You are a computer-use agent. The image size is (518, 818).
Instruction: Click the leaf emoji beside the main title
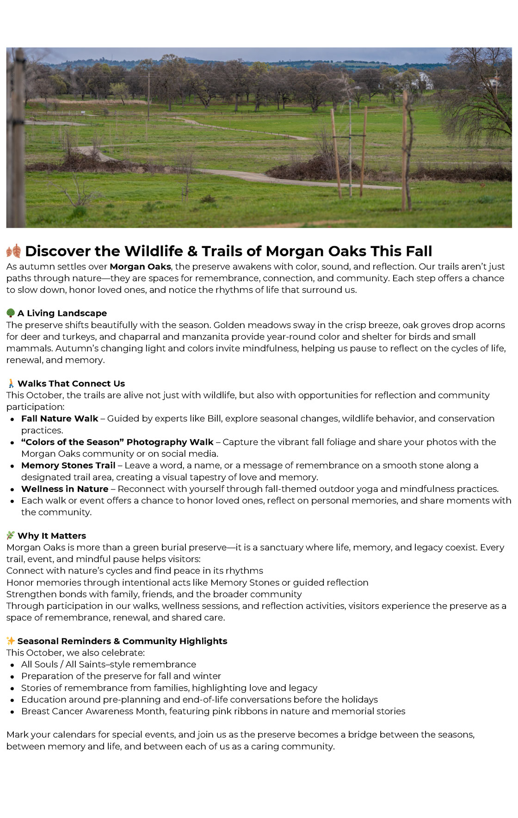(x=13, y=251)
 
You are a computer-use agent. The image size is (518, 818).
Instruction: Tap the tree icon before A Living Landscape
(x=11, y=313)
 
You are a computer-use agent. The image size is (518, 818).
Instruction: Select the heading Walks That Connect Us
(x=71, y=384)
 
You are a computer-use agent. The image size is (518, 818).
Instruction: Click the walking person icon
(x=11, y=384)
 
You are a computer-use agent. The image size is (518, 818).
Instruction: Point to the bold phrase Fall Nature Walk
(x=60, y=419)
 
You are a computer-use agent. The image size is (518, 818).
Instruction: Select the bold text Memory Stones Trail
(x=68, y=465)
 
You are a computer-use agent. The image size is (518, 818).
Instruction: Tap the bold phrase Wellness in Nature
(x=65, y=489)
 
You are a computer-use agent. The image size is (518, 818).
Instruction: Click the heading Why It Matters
(x=52, y=536)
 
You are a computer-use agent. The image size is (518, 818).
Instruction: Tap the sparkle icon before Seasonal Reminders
(x=11, y=641)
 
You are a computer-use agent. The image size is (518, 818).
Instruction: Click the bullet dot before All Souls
(x=12, y=665)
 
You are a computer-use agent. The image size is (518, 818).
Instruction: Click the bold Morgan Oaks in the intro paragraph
(x=140, y=266)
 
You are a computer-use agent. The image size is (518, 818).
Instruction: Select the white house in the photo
(x=419, y=81)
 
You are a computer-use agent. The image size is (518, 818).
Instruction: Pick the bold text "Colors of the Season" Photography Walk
(x=117, y=442)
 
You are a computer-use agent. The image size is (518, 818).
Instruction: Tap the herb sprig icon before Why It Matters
(x=11, y=536)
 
